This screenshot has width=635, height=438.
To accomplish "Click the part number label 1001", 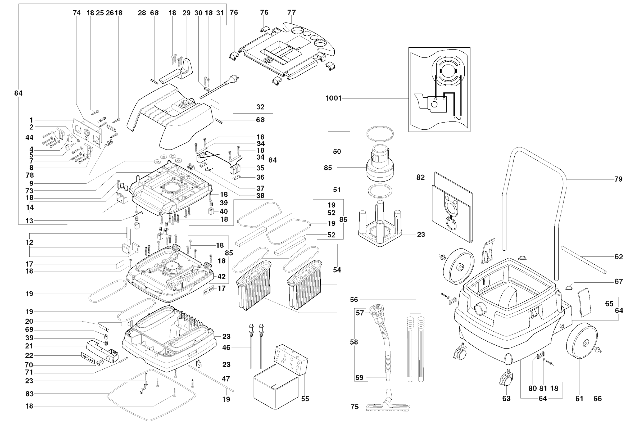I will [333, 98].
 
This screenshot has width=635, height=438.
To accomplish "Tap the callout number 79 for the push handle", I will [618, 179].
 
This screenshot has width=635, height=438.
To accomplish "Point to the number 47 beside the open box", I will [226, 379].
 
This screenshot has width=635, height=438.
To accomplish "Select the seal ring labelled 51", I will [380, 191].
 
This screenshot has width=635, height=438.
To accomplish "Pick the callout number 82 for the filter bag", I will [420, 178].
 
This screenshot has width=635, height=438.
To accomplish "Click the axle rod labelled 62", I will [583, 260].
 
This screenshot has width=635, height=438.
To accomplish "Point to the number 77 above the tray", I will [292, 12].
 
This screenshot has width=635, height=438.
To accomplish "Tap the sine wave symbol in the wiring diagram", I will [457, 118].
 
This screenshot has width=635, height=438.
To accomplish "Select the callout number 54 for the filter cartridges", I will [337, 270].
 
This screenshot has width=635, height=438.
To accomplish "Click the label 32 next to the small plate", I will [260, 107].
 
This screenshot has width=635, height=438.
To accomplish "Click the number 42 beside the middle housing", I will [221, 277].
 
